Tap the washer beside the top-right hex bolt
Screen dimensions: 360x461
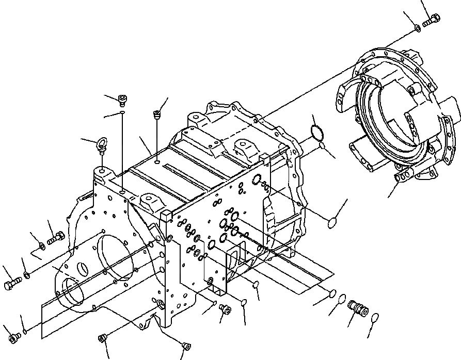pyautogui.click(x=417, y=27)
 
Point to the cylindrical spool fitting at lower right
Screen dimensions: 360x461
pyautogui.click(x=357, y=308)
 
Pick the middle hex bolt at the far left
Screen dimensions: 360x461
pyautogui.click(x=12, y=283)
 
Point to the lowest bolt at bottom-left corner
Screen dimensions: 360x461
pyautogui.click(x=14, y=336)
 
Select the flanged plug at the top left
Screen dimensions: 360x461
pyautogui.click(x=122, y=99)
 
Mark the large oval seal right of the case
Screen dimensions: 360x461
pyautogui.click(x=335, y=223)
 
